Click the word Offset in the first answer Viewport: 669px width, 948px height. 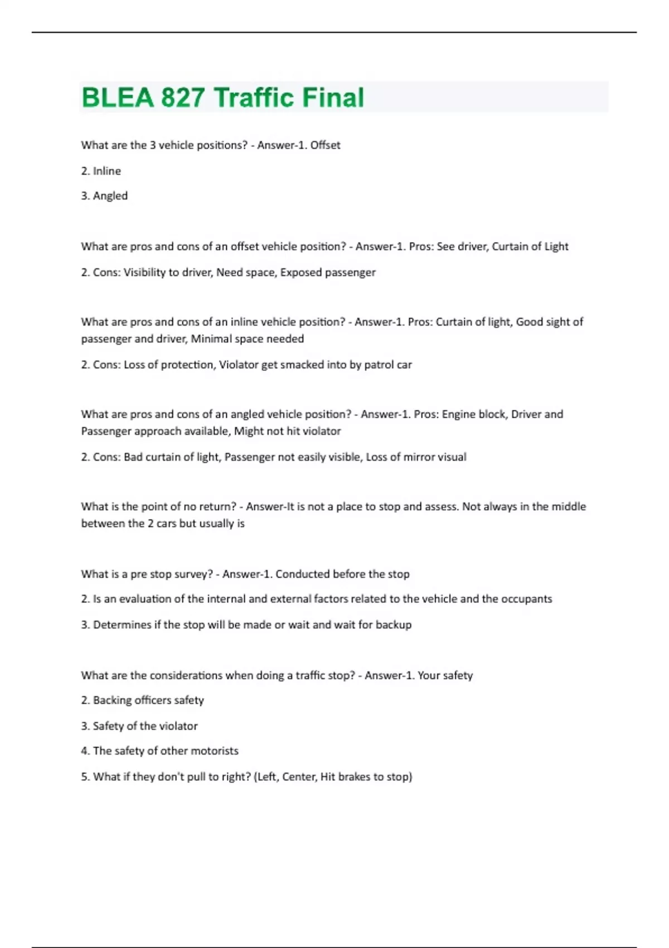325,145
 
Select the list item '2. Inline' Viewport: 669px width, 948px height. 101,171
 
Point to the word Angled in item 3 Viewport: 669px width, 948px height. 110,196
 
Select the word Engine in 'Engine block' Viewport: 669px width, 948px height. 459,414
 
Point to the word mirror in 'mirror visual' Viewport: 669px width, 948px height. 406,457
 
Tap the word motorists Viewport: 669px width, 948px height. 215,751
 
